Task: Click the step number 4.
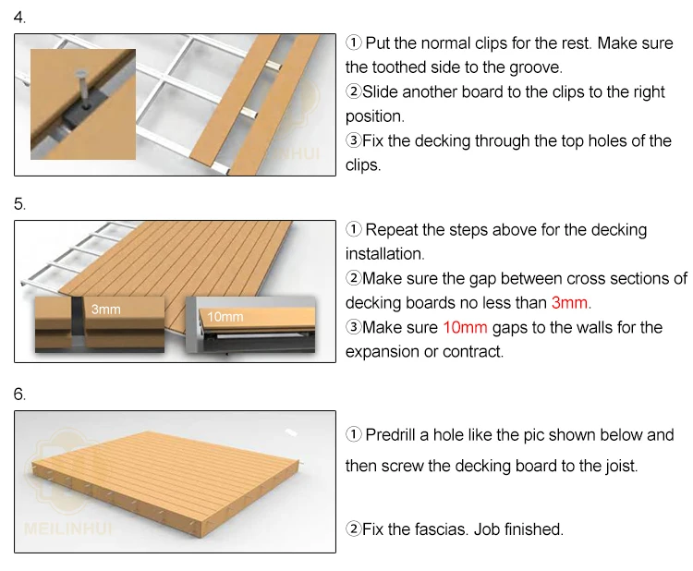(x=19, y=18)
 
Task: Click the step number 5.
(x=19, y=204)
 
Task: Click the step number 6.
(x=19, y=395)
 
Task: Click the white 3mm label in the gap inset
(x=105, y=310)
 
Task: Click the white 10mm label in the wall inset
(x=225, y=317)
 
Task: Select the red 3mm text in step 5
(x=570, y=303)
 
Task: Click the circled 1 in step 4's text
(x=353, y=43)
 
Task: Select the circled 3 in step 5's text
(x=353, y=327)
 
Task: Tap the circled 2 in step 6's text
(x=353, y=529)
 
